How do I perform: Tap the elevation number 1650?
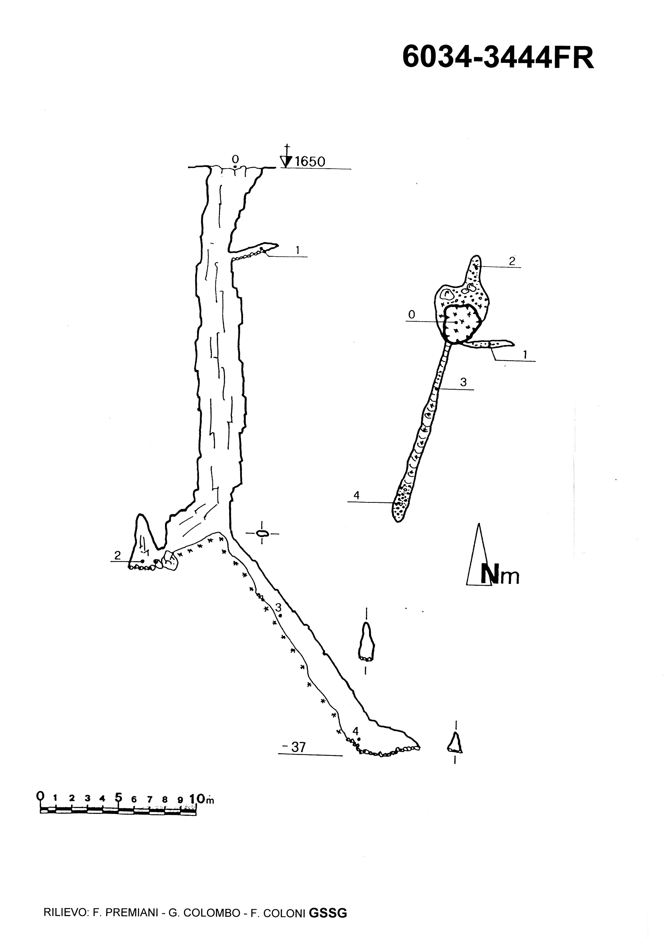pos(310,162)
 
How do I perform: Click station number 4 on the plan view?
pos(356,496)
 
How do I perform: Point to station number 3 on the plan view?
pos(463,382)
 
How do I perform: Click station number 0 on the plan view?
pos(411,315)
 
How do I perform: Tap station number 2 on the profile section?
pos(117,556)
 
